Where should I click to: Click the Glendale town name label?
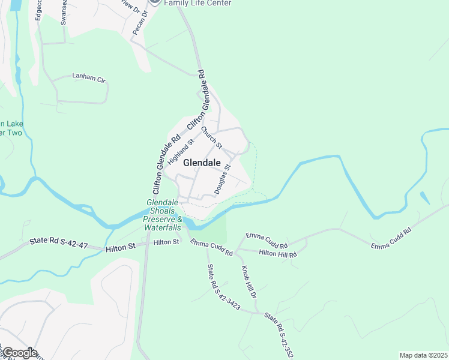tap(201, 163)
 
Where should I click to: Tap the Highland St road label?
tap(182, 152)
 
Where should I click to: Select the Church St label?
tap(212, 138)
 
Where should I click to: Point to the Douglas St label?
tap(222, 178)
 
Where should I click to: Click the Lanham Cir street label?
tap(88, 77)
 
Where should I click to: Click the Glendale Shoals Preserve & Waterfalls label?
tap(161, 215)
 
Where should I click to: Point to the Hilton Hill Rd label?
tap(278, 254)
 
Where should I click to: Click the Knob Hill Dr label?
tap(249, 283)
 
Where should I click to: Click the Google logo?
tap(19, 353)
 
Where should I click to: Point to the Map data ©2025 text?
tap(424, 355)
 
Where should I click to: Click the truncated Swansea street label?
tap(64, 12)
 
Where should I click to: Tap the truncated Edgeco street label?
tap(38, 11)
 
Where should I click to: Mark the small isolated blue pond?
tap(425, 198)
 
